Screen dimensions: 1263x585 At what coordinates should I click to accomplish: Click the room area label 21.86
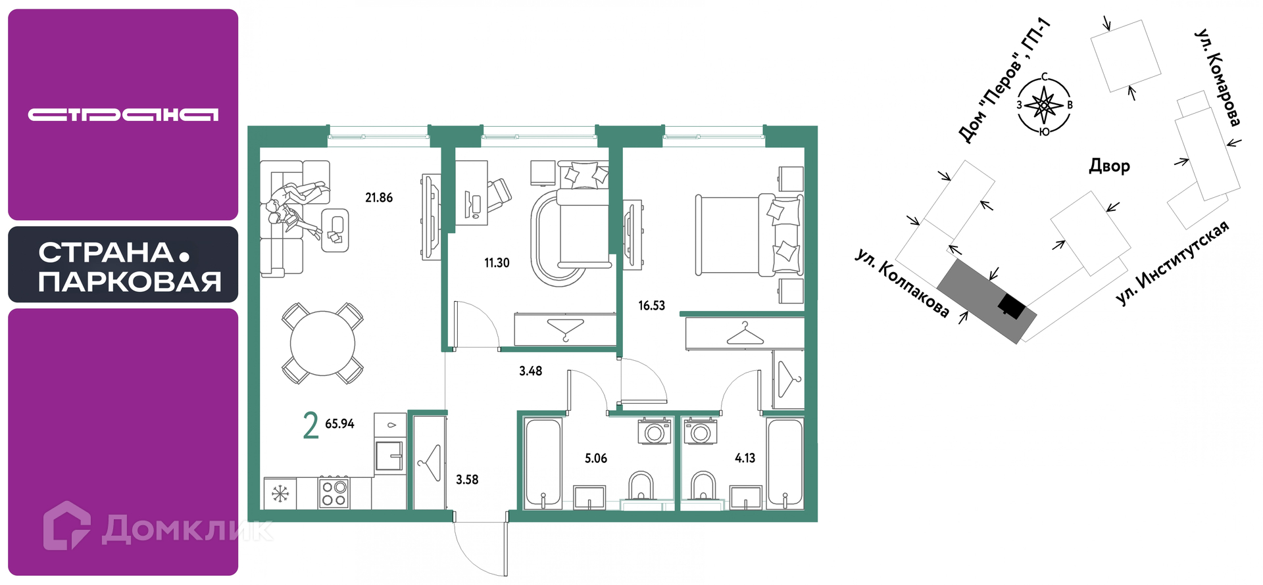379,197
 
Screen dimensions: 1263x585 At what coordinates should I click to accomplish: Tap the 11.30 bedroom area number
497,263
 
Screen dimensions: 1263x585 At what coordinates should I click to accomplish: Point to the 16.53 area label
651,306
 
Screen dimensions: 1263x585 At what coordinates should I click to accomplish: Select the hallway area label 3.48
530,371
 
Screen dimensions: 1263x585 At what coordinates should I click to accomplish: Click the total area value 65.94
339,424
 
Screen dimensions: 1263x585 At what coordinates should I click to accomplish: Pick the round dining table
322,343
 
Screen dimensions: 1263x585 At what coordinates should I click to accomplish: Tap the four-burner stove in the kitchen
334,493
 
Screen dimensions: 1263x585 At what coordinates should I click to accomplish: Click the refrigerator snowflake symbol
280,493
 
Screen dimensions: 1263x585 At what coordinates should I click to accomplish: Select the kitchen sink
389,456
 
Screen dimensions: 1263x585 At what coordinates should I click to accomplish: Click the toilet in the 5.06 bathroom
641,487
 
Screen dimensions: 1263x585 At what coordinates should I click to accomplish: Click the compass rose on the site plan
1044,105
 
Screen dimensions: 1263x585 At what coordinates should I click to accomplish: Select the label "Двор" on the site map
1110,166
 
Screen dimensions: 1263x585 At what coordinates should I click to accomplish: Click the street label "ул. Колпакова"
902,283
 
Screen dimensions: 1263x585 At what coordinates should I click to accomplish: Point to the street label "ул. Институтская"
1172,263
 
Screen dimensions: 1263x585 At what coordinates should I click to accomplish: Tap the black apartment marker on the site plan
1012,306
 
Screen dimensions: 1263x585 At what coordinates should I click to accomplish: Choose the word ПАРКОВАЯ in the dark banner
130,282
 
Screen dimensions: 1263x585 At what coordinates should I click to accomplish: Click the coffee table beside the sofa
335,229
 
